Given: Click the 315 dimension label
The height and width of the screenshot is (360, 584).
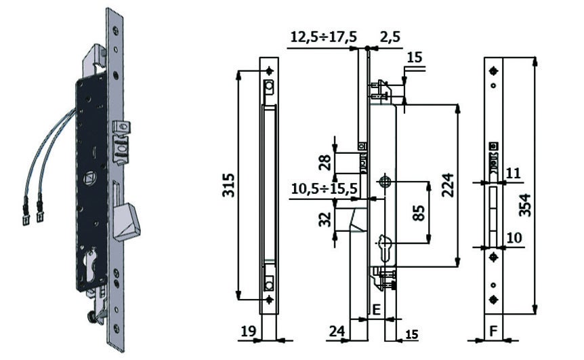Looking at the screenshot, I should pos(228,185).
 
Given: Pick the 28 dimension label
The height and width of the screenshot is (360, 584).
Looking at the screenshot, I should pos(325,163).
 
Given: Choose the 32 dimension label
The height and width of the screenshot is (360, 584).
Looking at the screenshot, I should pos(325,219).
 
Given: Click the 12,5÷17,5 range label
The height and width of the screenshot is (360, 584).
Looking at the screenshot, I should pos(323,37).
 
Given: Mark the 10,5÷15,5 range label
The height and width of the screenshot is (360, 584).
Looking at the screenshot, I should pos(324,188).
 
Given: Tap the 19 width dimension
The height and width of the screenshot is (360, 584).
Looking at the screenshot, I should pos(248,331).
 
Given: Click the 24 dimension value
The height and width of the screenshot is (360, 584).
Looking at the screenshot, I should pos(337,331).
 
